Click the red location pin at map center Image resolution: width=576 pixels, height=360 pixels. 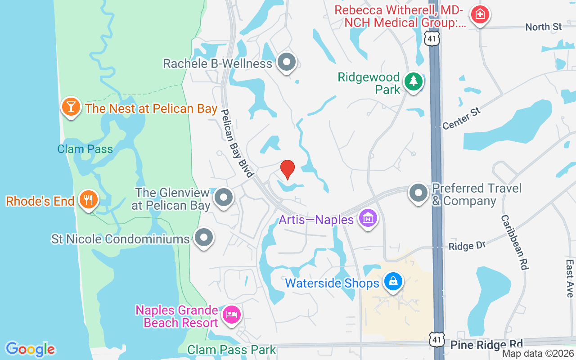[x=288, y=170]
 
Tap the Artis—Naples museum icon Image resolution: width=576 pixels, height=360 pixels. [x=368, y=219]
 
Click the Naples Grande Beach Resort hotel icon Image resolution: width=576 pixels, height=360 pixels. [x=231, y=314]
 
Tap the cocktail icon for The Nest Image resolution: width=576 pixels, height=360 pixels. [x=71, y=107]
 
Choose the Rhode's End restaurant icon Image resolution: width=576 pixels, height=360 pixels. [x=88, y=199]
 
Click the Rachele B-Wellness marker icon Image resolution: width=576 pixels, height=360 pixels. [x=286, y=62]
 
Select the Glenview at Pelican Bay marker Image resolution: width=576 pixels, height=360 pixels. [x=224, y=198]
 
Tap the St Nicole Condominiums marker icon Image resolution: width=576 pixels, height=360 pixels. [x=204, y=237]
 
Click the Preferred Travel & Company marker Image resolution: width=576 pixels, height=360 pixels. [x=418, y=193]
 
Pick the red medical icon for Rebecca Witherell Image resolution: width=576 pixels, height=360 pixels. [x=480, y=14]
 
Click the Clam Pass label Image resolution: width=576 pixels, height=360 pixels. [x=85, y=149]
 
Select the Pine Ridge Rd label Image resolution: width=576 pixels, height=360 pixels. [x=486, y=345]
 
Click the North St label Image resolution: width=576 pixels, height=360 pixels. [x=544, y=27]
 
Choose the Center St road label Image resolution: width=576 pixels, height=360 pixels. [x=462, y=118]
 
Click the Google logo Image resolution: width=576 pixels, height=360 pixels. [x=30, y=349]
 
